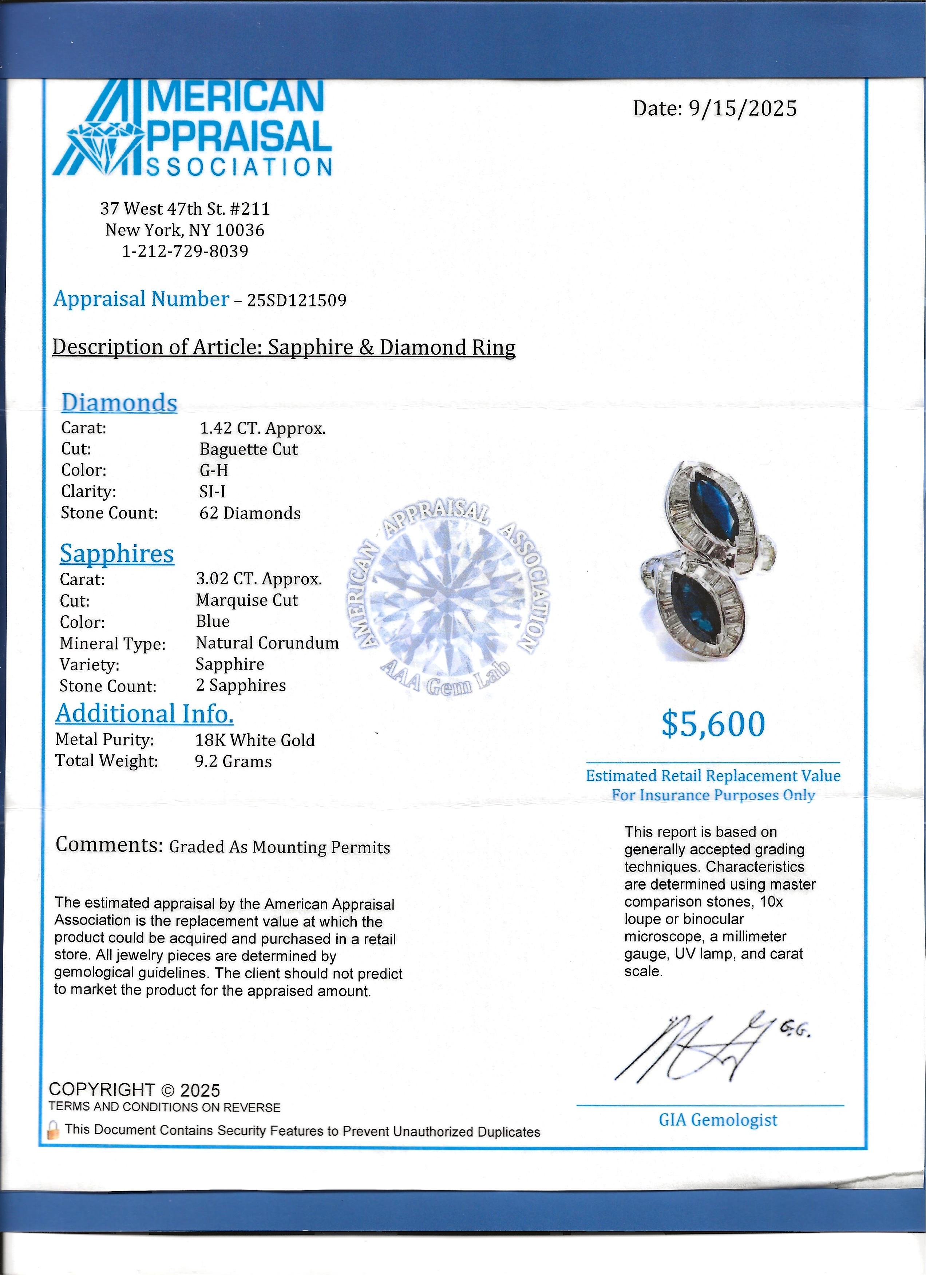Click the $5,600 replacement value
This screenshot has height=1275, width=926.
(713, 724)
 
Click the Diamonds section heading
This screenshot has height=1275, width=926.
(119, 403)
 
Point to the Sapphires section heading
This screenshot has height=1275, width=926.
(117, 554)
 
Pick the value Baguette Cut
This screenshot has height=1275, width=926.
(249, 449)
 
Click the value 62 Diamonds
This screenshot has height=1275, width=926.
(250, 513)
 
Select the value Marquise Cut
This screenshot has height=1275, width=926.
(247, 600)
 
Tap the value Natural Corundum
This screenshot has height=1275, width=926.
(267, 643)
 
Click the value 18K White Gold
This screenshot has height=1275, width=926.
(255, 740)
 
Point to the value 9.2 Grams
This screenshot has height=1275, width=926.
(233, 762)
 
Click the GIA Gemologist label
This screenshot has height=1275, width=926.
(718, 1120)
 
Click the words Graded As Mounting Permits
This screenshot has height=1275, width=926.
(280, 847)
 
